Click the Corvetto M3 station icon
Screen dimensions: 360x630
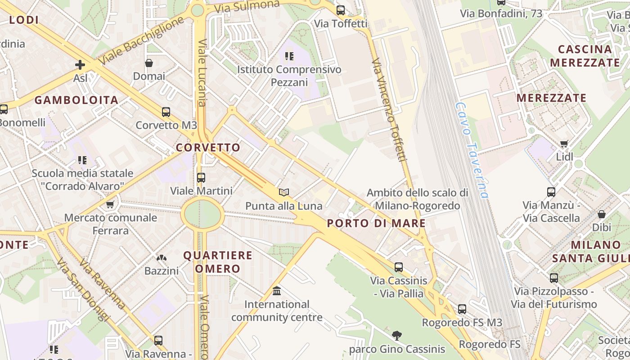coord(166,112)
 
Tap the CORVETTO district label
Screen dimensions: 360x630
coord(208,148)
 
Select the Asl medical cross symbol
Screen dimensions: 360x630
coord(80,65)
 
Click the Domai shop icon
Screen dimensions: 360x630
coord(149,63)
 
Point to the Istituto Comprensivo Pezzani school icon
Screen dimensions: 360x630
coord(289,56)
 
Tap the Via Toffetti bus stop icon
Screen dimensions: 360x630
coord(341,10)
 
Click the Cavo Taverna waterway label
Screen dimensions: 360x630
coord(471,150)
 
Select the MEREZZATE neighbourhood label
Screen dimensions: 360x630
coord(551,98)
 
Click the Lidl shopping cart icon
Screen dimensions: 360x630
coord(564,144)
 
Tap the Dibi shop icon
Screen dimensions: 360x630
coord(601,214)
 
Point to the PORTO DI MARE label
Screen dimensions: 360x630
coord(376,223)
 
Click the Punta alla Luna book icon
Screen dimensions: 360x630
coord(283,193)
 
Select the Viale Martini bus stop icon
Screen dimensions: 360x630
coord(201,177)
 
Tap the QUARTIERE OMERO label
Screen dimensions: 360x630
coord(218,262)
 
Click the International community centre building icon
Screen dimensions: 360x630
coord(277,291)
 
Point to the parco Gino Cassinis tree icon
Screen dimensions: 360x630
coord(397,335)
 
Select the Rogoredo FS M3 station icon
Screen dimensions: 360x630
coord(462,309)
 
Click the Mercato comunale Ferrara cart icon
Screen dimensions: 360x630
coord(110,205)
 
